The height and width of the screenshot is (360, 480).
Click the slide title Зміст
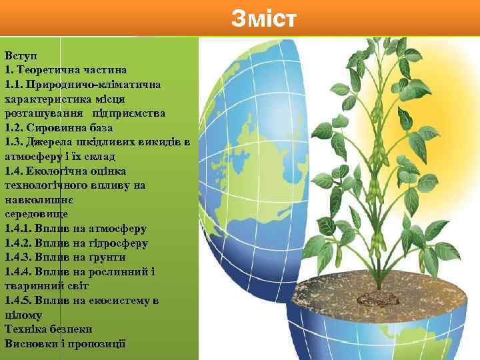(x=263, y=19)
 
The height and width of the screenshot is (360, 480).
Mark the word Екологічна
(x=57, y=171)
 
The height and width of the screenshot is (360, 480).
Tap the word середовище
(x=34, y=214)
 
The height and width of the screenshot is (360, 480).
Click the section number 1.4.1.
(x=17, y=228)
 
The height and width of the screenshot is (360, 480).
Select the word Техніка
(x=26, y=329)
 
